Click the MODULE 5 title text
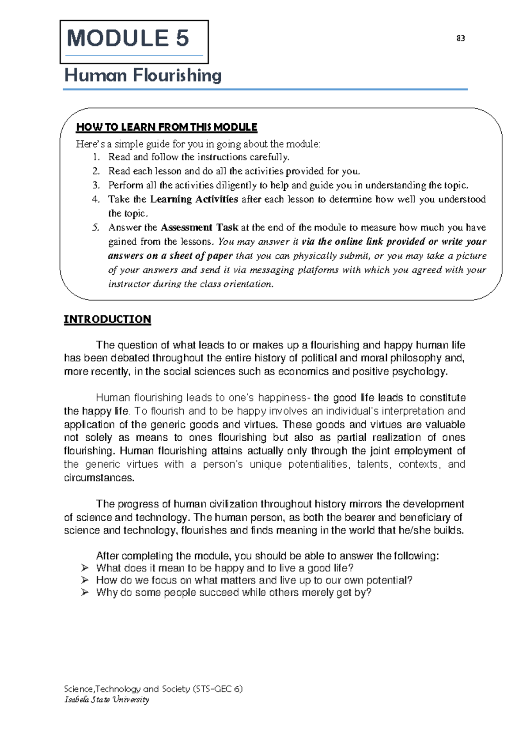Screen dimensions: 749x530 tap(128, 38)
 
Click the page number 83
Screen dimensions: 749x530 tap(460, 38)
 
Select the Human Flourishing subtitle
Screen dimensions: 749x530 tap(143, 76)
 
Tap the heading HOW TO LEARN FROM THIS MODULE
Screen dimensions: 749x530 tap(167, 127)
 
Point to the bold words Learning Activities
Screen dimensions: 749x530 tap(194, 199)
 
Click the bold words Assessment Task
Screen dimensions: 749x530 tap(199, 228)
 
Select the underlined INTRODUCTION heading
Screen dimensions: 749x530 tap(107, 319)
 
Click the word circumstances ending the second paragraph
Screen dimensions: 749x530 tap(99, 478)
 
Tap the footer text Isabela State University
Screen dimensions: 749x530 tap(106, 700)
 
